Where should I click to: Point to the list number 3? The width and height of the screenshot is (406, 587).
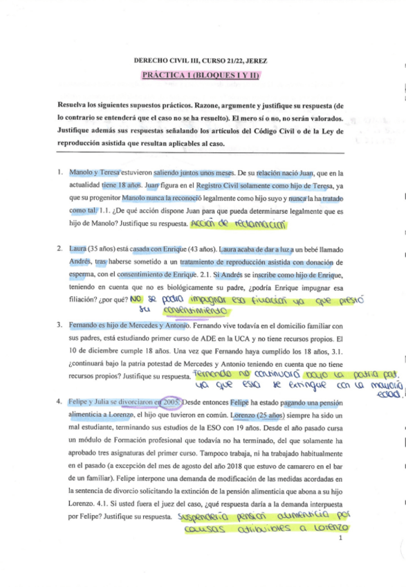pyautogui.click(x=61, y=325)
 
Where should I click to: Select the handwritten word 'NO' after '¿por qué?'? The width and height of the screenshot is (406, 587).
pyautogui.click(x=136, y=299)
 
